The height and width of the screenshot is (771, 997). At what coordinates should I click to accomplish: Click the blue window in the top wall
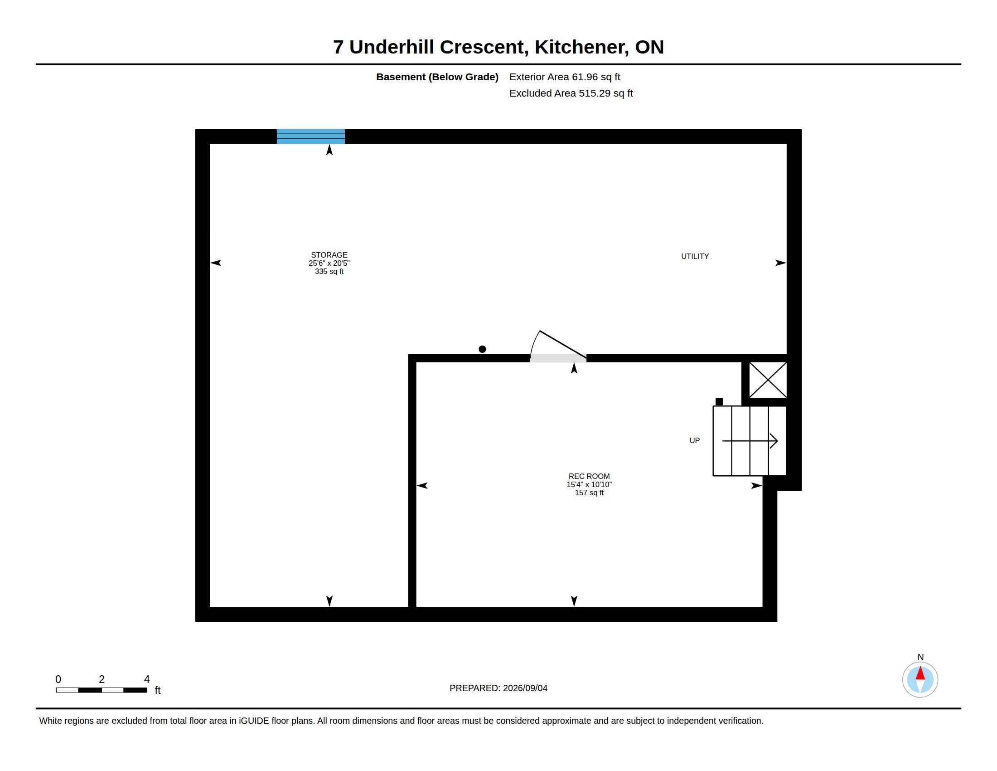point(310,137)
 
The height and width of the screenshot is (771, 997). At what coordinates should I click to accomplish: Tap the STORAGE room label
point(329,255)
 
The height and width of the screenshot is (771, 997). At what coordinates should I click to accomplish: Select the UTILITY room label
point(695,257)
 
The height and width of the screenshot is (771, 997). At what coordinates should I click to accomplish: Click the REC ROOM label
point(589,476)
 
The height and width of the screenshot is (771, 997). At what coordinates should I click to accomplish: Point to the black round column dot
point(482,349)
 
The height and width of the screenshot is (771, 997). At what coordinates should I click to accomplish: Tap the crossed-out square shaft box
point(768,380)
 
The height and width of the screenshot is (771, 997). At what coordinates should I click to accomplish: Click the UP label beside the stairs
point(694,441)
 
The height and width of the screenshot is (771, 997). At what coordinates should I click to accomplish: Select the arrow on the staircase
point(750,441)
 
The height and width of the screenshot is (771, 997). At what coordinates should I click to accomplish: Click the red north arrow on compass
point(920,673)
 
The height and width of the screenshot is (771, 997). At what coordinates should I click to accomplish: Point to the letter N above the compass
point(920,657)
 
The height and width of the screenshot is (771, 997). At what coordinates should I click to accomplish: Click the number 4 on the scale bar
point(147,679)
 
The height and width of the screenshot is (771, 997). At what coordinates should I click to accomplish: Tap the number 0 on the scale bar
point(58,679)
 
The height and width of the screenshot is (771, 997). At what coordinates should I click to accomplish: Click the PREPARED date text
point(498,688)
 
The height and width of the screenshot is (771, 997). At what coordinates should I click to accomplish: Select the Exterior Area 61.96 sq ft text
point(565,77)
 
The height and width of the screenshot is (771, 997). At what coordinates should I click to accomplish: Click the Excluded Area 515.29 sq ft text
point(571,93)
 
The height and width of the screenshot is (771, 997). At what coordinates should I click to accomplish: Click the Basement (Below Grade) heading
point(437,77)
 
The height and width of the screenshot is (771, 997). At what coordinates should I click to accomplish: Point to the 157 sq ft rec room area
point(589,493)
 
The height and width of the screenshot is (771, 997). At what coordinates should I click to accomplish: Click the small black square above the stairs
point(719,402)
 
